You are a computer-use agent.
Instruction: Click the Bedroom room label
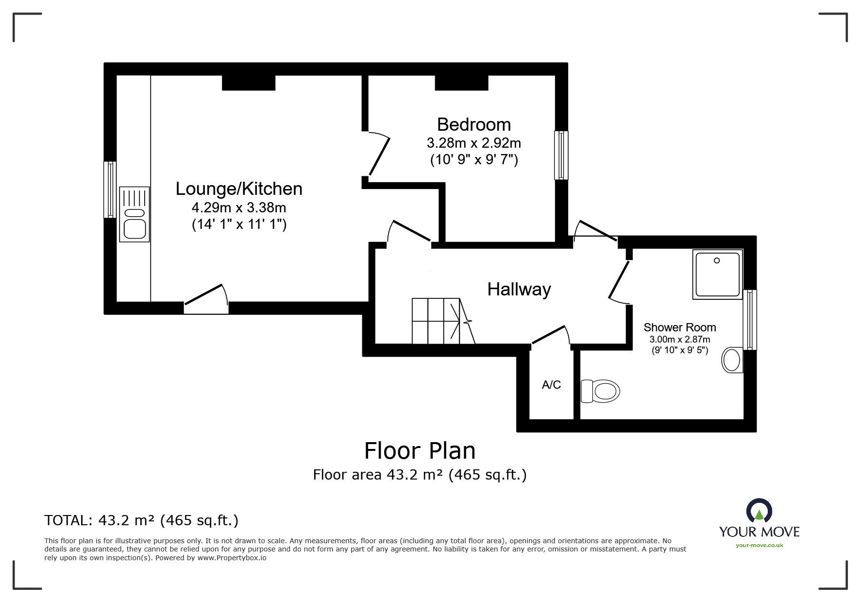[473, 125]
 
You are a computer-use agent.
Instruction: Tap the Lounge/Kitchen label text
[239, 189]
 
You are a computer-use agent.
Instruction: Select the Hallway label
[519, 290]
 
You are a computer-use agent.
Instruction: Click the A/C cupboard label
[551, 385]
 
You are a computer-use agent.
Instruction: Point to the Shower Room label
[679, 327]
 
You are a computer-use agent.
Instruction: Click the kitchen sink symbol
[134, 214]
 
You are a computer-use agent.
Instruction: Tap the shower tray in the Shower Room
[717, 274]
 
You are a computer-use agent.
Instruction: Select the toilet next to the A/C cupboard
[601, 391]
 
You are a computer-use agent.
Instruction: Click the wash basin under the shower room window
[732, 360]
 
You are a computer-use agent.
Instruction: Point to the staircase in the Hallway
[437, 321]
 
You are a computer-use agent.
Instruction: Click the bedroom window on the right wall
[561, 155]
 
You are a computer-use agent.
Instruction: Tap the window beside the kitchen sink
[110, 189]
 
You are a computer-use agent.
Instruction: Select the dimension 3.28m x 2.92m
[473, 143]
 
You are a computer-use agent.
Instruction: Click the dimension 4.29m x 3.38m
[239, 208]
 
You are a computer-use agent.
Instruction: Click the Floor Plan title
[420, 450]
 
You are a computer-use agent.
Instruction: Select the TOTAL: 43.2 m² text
[141, 520]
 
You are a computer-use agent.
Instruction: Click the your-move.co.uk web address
[759, 545]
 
